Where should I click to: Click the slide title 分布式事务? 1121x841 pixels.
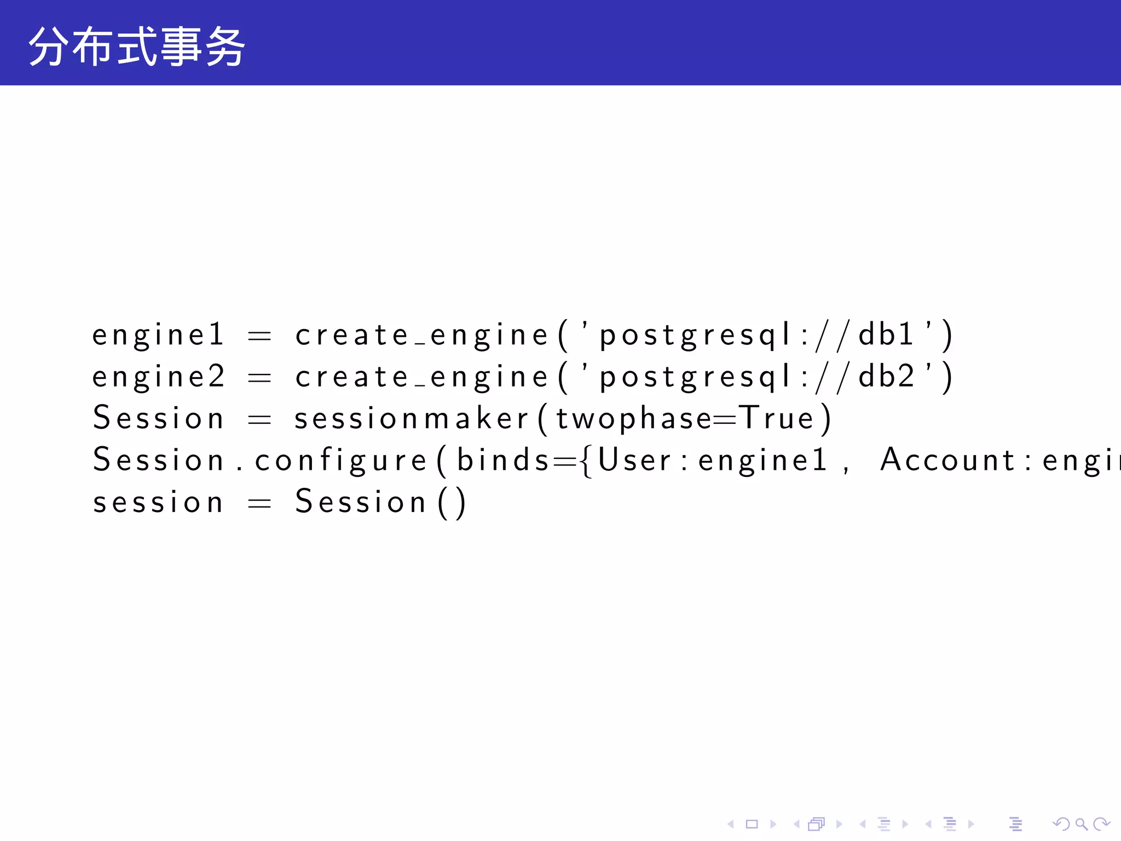point(137,47)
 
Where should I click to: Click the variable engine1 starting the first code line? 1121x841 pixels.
point(158,335)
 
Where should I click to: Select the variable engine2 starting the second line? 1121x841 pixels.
point(158,377)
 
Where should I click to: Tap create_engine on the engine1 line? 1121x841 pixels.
point(421,335)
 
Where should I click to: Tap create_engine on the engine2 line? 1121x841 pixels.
point(421,377)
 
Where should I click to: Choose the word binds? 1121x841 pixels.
point(503,459)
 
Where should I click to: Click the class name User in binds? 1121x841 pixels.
point(634,459)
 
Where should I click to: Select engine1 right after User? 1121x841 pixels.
point(762,460)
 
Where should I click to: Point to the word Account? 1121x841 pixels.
point(947,459)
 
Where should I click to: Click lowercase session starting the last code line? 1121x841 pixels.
point(158,503)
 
